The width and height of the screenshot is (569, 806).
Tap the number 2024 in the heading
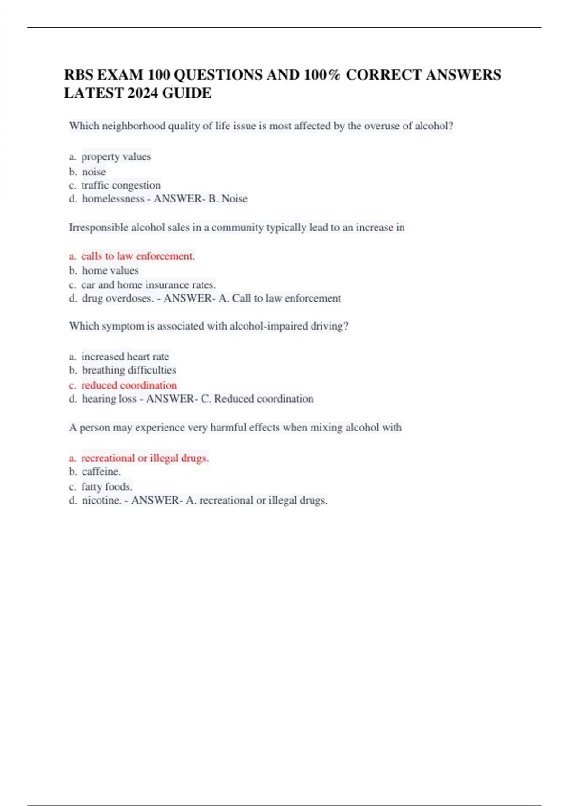(143, 93)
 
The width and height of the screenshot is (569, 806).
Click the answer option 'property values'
(116, 156)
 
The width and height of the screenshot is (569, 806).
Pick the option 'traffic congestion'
(121, 185)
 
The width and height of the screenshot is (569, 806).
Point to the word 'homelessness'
(113, 199)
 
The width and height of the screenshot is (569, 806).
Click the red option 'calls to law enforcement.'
(138, 256)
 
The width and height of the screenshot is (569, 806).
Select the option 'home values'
(110, 270)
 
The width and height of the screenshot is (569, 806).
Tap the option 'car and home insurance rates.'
(148, 284)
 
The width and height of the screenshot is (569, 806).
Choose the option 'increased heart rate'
(125, 357)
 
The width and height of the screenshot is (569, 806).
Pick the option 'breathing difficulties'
(129, 370)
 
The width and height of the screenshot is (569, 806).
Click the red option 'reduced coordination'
(129, 385)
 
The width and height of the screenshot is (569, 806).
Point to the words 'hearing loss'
(109, 399)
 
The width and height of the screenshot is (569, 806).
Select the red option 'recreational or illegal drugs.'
(145, 458)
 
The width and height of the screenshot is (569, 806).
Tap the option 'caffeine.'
(101, 471)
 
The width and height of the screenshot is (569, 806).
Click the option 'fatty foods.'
(107, 486)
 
